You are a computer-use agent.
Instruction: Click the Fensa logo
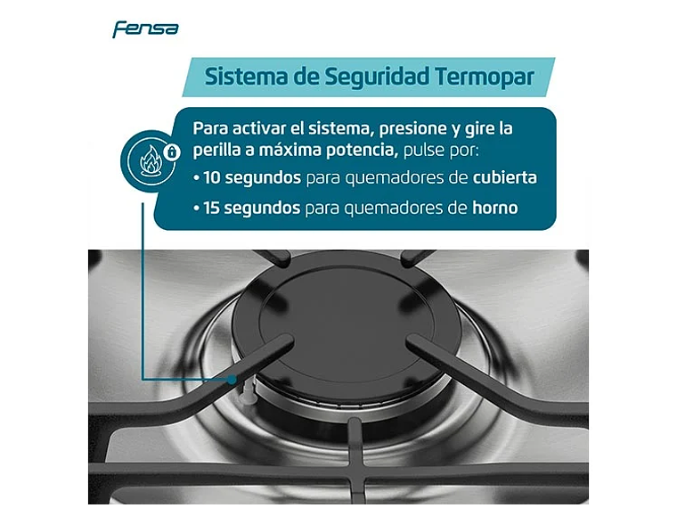(x=145, y=29)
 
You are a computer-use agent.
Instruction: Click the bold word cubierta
(x=505, y=177)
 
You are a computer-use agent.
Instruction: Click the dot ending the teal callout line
(x=234, y=379)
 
